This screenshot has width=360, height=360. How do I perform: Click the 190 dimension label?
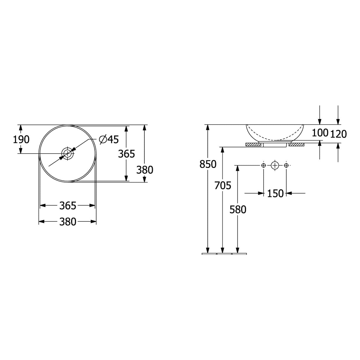21,139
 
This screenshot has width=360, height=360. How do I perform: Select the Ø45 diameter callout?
109,139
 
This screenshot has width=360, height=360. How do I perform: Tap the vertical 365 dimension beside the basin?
126,154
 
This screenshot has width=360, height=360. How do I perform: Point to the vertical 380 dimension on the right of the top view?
145,170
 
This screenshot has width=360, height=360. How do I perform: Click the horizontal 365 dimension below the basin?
68,206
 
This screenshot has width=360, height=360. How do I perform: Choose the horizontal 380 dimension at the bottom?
68,222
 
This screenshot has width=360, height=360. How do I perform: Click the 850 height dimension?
208,164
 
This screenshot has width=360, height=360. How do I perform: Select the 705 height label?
223,185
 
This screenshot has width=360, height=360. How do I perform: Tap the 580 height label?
238,209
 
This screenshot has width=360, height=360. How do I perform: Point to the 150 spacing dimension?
275,193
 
